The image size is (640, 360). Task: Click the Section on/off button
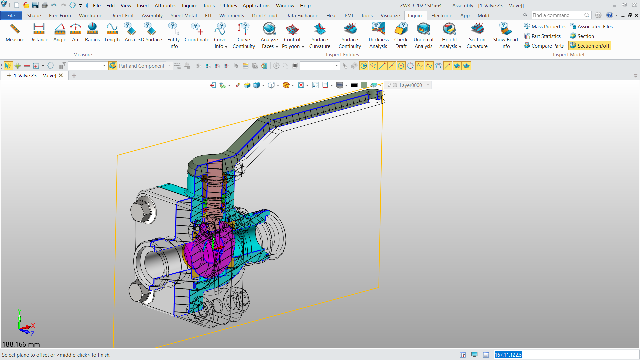click(x=590, y=46)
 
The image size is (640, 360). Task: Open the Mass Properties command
click(x=545, y=26)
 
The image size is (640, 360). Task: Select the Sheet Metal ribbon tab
click(x=183, y=15)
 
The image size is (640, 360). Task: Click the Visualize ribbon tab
click(x=390, y=15)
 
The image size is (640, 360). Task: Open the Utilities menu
click(x=228, y=5)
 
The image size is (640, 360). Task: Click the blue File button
click(x=11, y=15)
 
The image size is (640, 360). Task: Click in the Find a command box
click(x=557, y=15)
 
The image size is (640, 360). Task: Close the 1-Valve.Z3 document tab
click(x=61, y=75)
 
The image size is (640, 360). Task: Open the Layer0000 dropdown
click(x=428, y=85)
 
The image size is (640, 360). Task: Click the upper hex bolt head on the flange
click(x=142, y=211)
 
